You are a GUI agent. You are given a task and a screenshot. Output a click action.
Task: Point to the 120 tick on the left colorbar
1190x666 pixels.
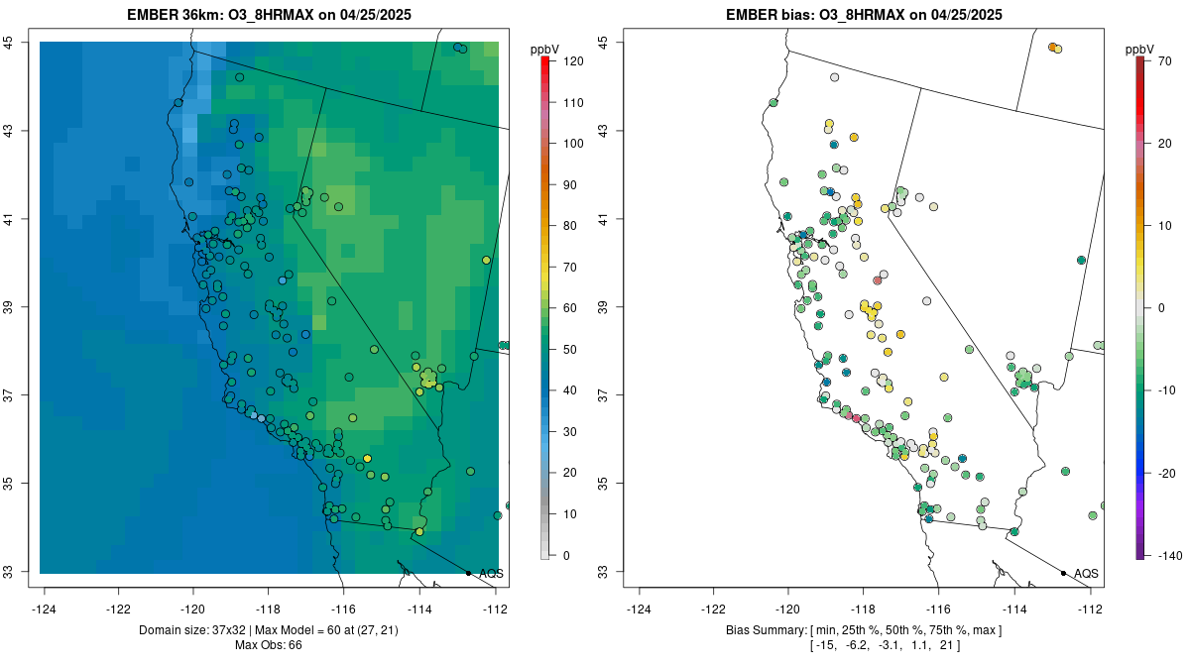pos(572,61)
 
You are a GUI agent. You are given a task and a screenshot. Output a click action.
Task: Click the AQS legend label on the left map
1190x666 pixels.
pos(491,574)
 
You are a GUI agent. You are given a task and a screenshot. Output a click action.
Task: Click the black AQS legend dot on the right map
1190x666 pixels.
pos(1063,573)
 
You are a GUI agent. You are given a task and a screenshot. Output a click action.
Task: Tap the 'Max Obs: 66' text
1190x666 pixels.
pos(269,645)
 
